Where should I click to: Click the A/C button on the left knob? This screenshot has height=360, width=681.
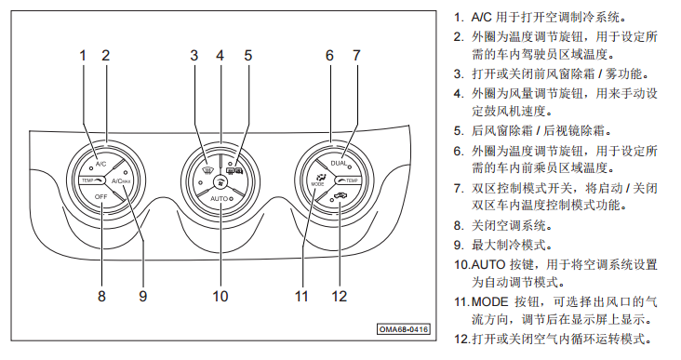(x=100, y=164)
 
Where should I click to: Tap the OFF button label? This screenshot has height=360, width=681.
(x=100, y=196)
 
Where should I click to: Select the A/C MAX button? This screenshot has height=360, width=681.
(x=121, y=180)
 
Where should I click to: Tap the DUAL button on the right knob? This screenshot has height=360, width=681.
(x=339, y=164)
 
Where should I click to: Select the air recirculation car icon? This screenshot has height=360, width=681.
(x=341, y=196)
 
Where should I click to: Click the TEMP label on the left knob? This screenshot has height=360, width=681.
(x=87, y=180)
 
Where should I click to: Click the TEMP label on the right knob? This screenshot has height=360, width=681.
(x=352, y=180)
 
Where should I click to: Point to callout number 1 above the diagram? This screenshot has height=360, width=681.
(x=83, y=56)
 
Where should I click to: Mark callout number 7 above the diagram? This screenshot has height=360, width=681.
(x=356, y=56)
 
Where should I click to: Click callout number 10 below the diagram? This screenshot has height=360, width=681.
(x=220, y=296)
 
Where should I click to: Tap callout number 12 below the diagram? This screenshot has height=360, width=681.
(x=340, y=296)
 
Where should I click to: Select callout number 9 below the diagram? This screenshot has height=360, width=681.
(x=143, y=296)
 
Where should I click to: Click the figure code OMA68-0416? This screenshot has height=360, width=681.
(x=404, y=329)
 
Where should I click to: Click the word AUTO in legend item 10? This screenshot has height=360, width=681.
(x=488, y=264)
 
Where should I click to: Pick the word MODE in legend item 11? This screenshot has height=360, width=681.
(x=489, y=301)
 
